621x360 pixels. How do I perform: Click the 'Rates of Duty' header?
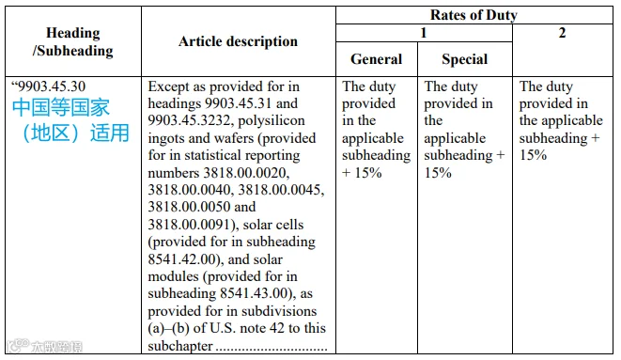click(474, 15)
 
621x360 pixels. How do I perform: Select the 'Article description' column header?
click(238, 41)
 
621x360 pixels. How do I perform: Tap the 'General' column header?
click(376, 59)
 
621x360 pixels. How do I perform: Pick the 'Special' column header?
click(464, 59)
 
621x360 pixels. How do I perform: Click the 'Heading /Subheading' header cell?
click(73, 41)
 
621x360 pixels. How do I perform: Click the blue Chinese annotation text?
click(70, 120)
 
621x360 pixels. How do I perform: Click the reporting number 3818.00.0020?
click(246, 173)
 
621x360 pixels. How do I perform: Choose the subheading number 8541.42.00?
click(181, 259)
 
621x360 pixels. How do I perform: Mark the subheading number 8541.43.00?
click(254, 293)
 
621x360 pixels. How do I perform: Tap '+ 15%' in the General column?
click(362, 173)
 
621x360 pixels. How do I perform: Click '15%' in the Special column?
click(438, 173)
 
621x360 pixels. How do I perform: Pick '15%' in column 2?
click(533, 155)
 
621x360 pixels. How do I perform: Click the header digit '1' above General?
click(424, 33)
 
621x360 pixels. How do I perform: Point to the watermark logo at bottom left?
click(44, 346)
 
